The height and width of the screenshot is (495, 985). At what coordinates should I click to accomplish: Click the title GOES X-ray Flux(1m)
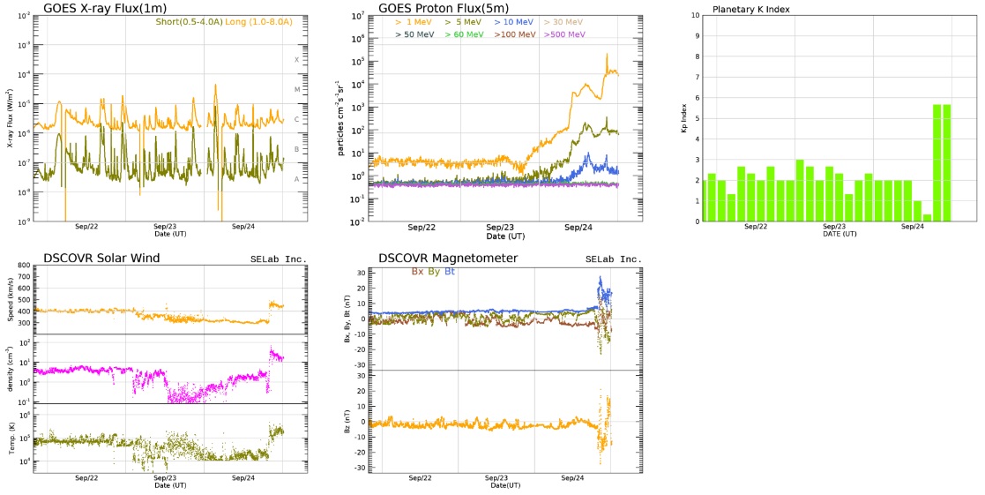(x=105, y=8)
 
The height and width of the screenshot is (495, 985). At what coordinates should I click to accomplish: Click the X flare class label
(x=297, y=59)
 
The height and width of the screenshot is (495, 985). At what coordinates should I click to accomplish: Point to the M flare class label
(x=297, y=90)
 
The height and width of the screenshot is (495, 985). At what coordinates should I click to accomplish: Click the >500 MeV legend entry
(x=565, y=34)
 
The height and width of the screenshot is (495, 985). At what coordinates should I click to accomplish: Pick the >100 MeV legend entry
(x=513, y=34)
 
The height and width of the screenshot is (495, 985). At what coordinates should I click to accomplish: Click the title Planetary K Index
(x=751, y=9)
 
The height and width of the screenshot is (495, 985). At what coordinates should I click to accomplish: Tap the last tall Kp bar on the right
(x=946, y=162)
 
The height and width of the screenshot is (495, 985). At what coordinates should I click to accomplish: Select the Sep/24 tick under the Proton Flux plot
(x=578, y=227)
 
